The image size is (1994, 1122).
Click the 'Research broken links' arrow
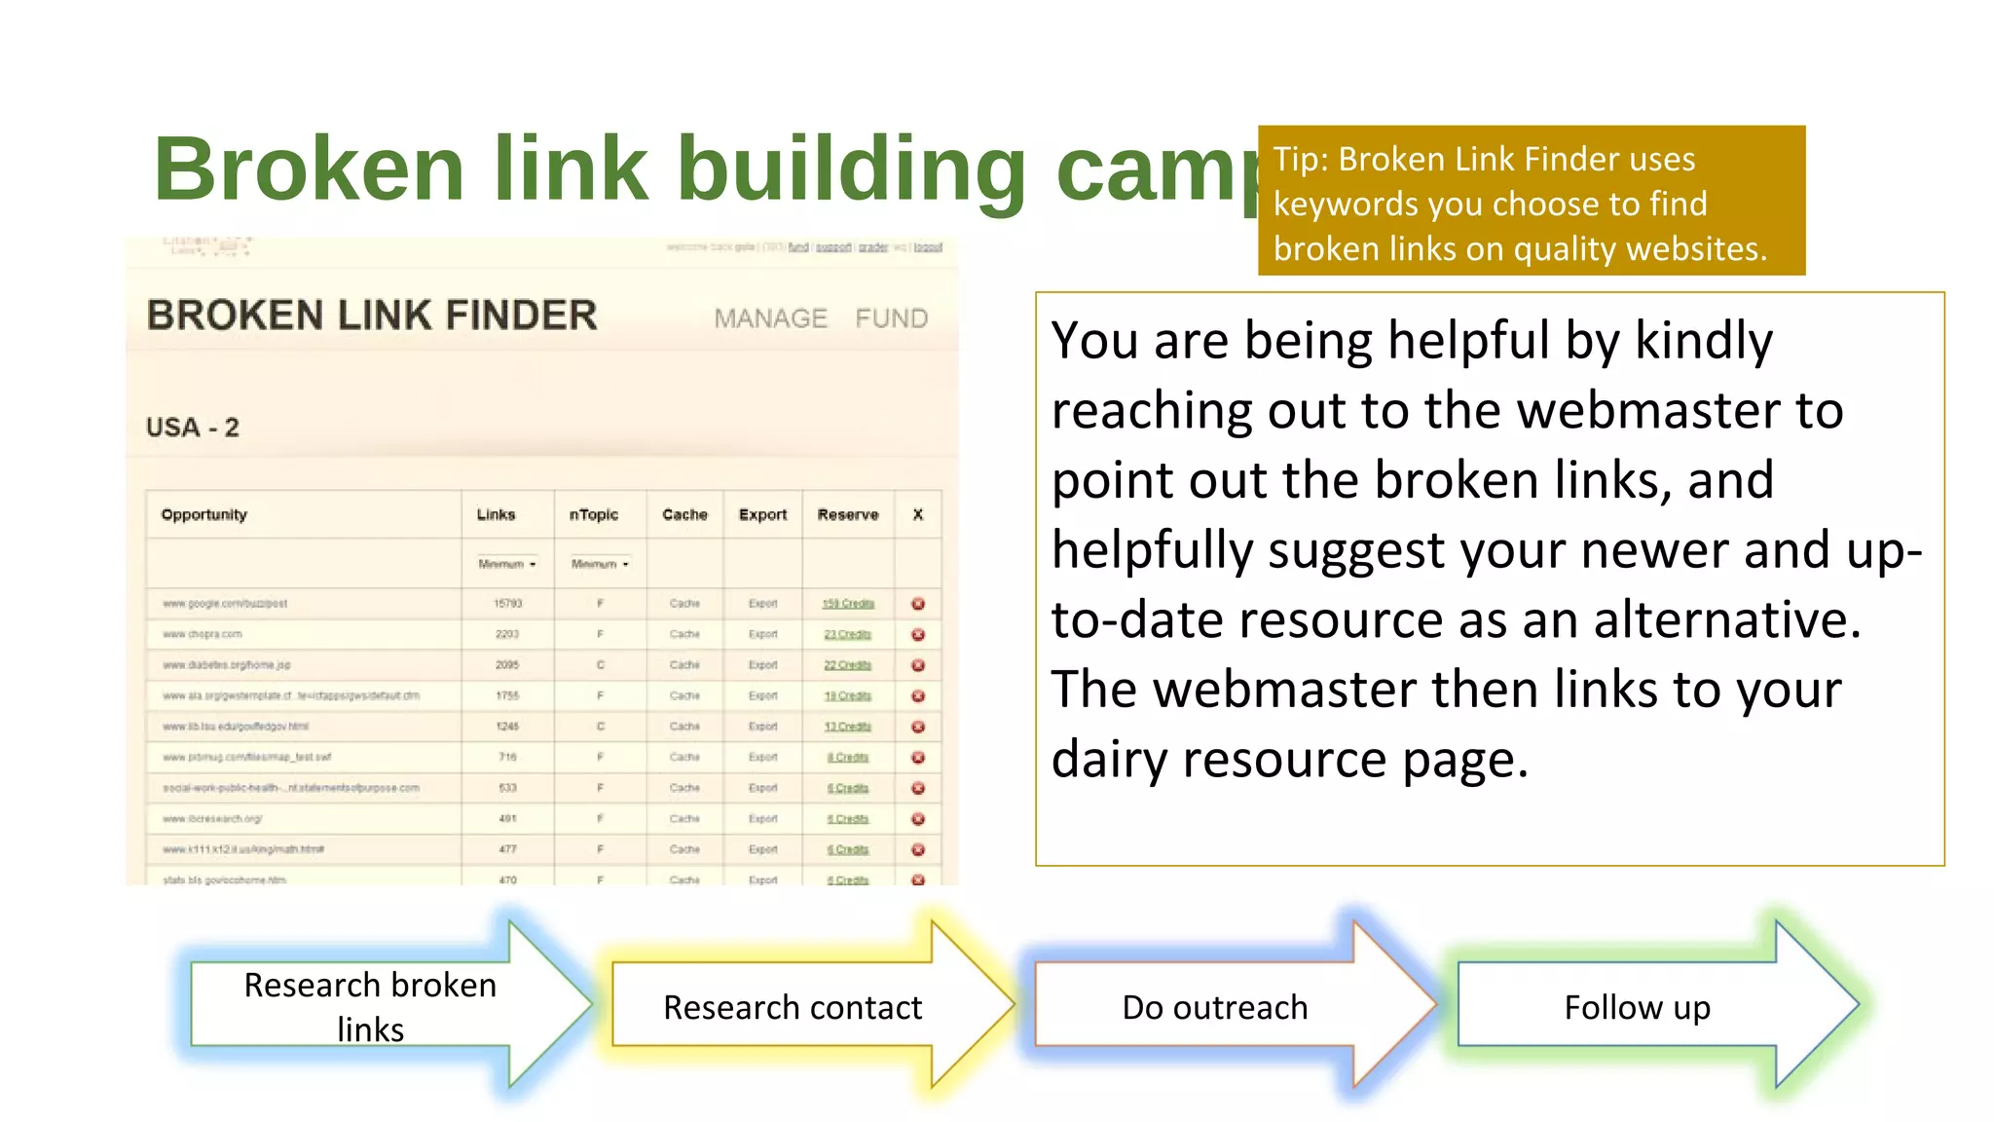click(370, 1006)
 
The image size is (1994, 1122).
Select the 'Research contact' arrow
click(792, 1006)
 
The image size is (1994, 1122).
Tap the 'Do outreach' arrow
click(1214, 1006)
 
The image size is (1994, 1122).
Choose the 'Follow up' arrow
click(1637, 1006)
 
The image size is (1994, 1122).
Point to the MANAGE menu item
click(770, 318)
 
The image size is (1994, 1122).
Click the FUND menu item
click(891, 318)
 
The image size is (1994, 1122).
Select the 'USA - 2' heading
click(193, 428)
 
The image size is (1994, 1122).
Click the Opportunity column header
click(204, 514)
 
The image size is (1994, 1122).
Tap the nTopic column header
click(593, 514)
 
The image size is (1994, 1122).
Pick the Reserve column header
click(847, 514)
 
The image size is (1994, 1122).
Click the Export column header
click(762, 514)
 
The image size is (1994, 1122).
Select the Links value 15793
click(507, 604)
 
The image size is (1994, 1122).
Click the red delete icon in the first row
click(917, 604)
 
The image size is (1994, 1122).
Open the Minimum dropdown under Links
click(506, 564)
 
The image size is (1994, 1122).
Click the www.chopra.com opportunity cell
click(203, 634)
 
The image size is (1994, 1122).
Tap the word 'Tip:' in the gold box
click(1302, 160)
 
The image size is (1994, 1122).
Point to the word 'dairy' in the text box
click(1109, 759)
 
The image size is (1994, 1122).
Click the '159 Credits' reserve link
click(848, 604)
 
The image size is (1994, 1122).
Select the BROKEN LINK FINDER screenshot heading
click(372, 316)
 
